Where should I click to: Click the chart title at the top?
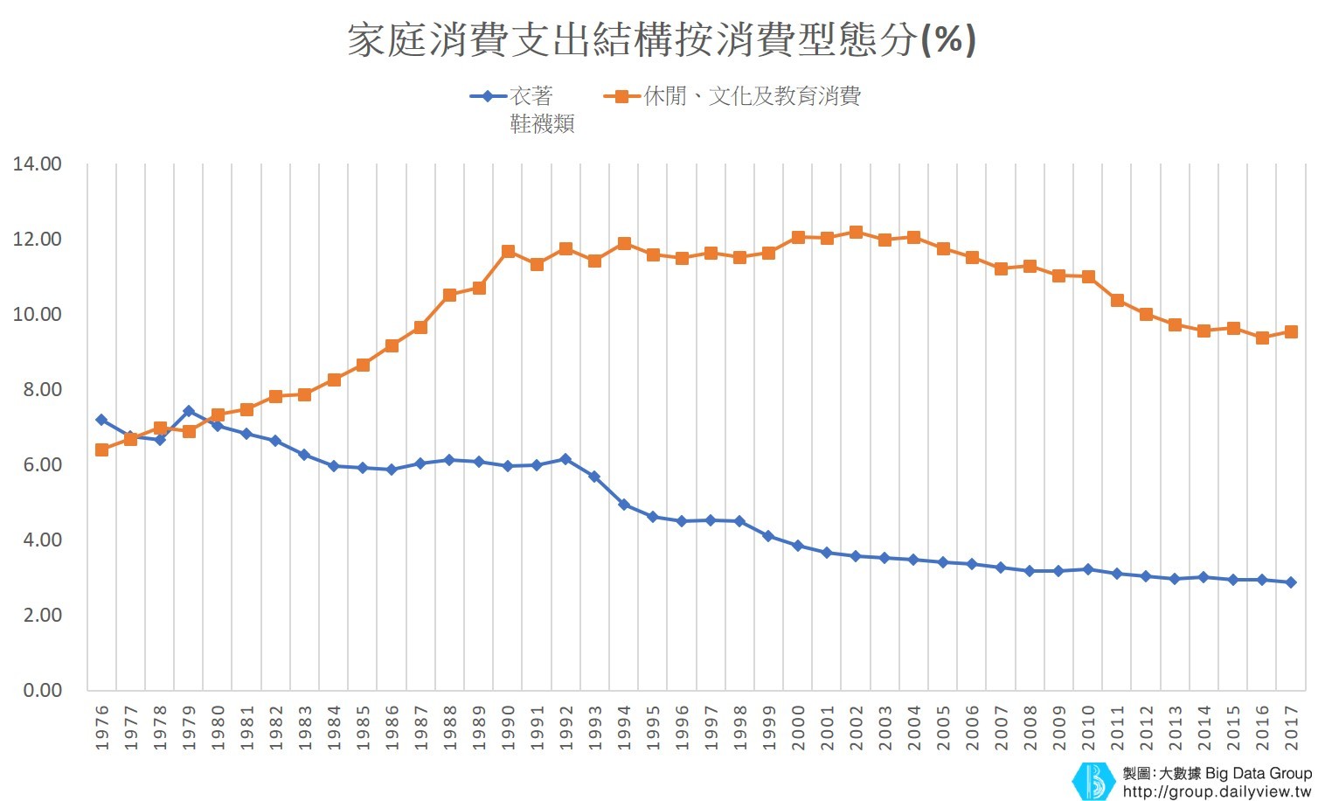(x=662, y=40)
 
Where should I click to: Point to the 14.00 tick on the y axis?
(x=37, y=164)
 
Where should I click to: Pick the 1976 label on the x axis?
(x=102, y=728)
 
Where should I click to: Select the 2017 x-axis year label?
(x=1291, y=728)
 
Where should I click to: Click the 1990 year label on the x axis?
(x=508, y=728)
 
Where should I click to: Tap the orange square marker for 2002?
(x=856, y=233)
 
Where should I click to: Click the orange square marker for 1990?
(x=508, y=252)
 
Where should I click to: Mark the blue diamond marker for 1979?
(x=189, y=411)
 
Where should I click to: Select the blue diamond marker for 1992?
(x=565, y=459)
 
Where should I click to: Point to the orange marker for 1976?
(x=102, y=449)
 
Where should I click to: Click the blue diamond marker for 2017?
(x=1291, y=582)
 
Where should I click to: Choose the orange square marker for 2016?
(x=1262, y=338)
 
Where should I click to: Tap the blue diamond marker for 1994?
(x=624, y=505)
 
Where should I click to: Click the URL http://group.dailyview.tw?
(x=1217, y=791)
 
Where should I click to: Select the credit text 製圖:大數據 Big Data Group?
(x=1217, y=773)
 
